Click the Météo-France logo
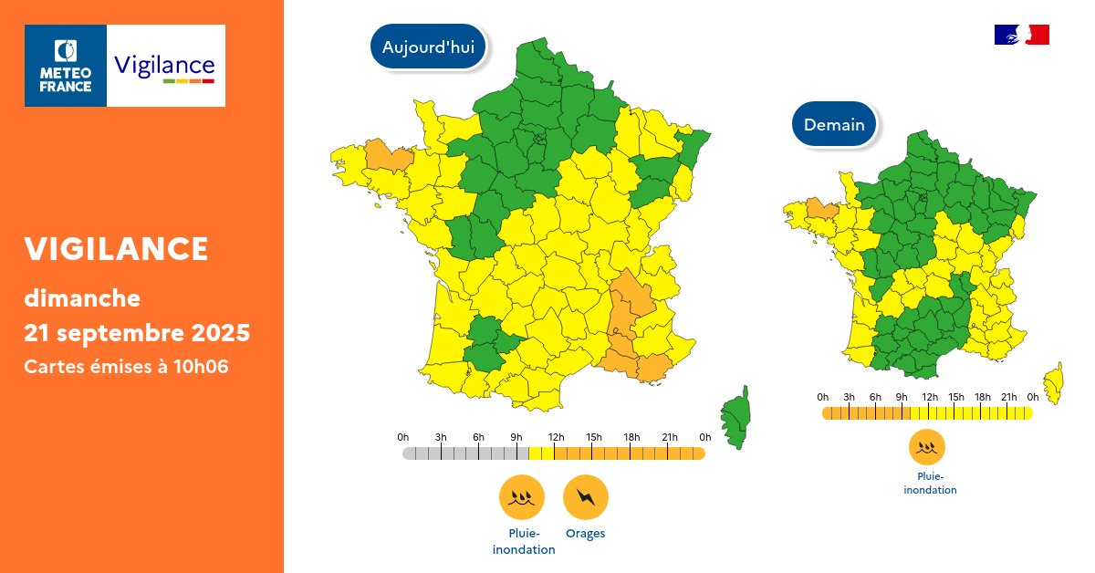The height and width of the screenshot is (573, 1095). [x=66, y=66]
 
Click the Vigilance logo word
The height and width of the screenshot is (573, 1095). [x=164, y=67]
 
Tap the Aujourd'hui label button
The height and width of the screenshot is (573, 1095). [x=428, y=47]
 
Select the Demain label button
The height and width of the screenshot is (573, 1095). [x=834, y=124]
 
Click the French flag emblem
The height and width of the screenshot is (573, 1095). [x=1021, y=35]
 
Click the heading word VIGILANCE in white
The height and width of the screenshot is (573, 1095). [x=116, y=248]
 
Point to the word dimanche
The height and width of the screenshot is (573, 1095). [x=82, y=297]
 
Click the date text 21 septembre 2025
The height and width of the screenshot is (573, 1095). [x=137, y=333]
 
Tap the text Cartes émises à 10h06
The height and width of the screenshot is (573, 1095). [x=126, y=366]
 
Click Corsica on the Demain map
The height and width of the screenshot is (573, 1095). [x=1055, y=382]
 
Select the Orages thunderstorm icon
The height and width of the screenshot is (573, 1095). [x=585, y=498]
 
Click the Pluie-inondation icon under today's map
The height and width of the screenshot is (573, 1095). [x=522, y=498]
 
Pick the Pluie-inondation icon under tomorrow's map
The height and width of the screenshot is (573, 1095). [x=927, y=447]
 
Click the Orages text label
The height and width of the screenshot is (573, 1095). [x=585, y=534]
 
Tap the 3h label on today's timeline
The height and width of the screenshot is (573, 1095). [x=441, y=438]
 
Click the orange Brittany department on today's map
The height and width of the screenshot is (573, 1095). [x=388, y=156]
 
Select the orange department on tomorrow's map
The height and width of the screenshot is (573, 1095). [x=822, y=209]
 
